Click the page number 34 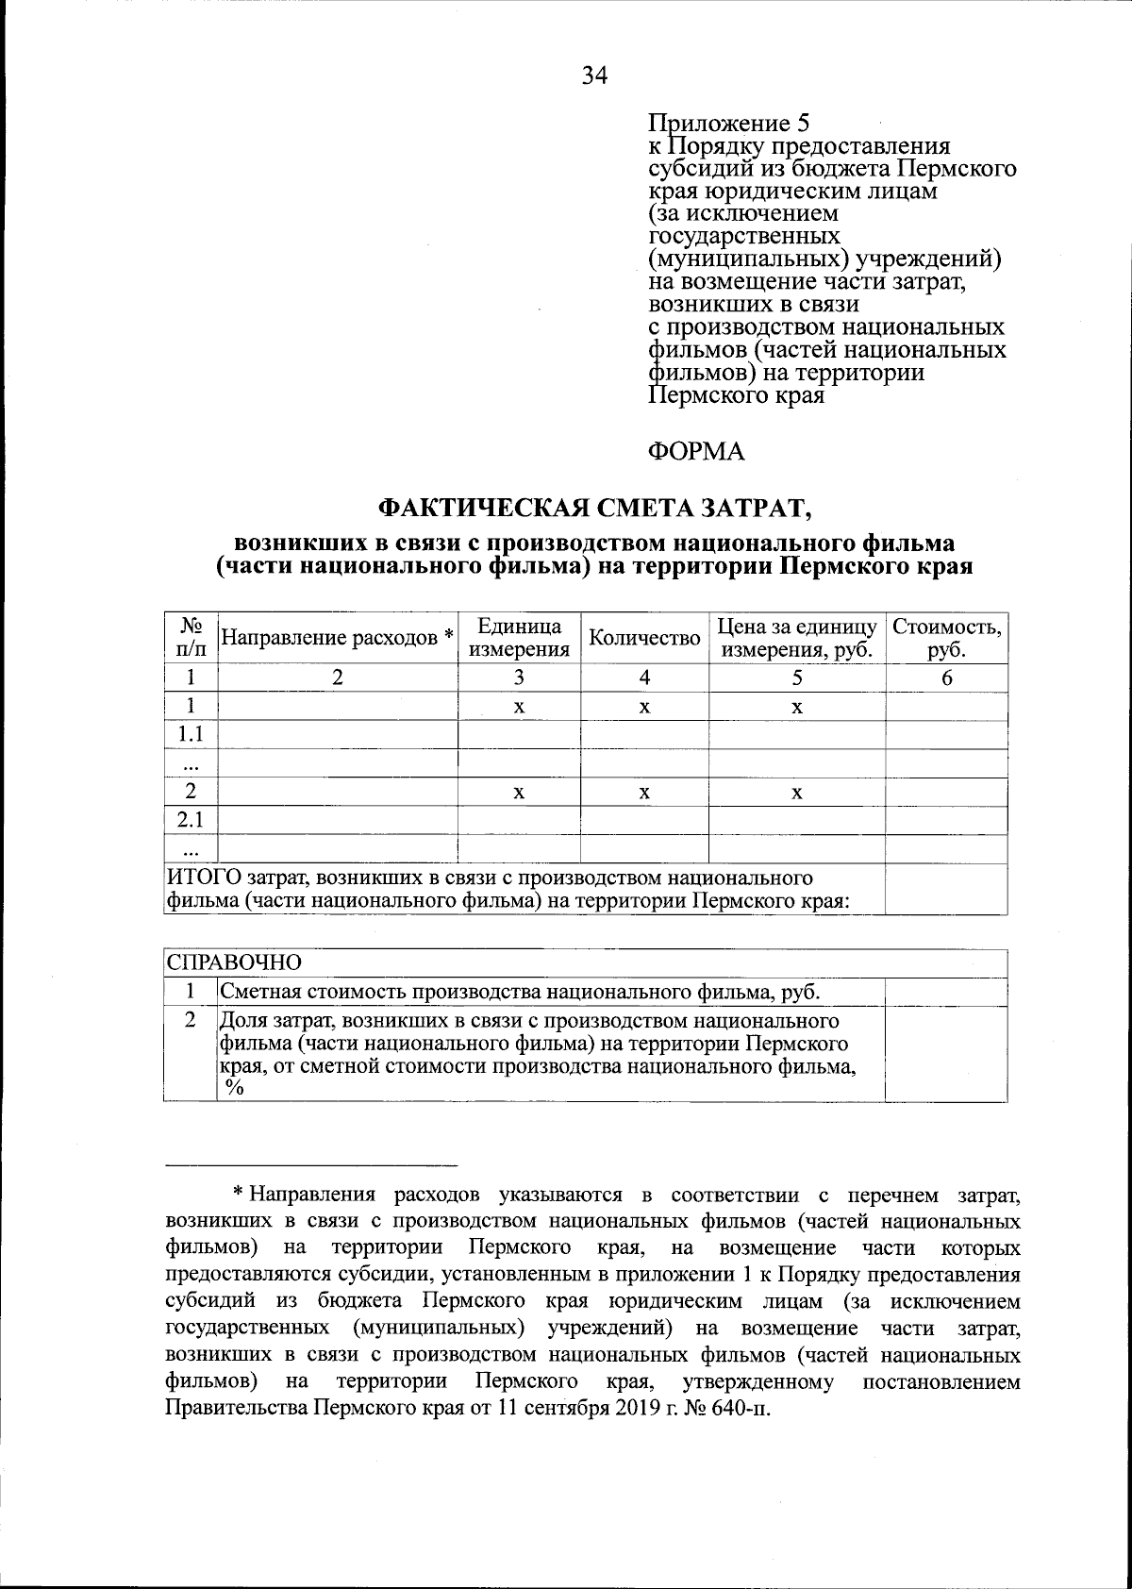(x=594, y=76)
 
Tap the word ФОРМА (x=696, y=452)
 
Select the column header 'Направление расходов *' (x=337, y=638)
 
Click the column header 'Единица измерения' (x=519, y=638)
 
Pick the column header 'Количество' (x=644, y=638)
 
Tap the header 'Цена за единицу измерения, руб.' (x=797, y=638)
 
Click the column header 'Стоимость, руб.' (x=946, y=638)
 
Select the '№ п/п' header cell (x=191, y=638)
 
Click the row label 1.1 (x=191, y=735)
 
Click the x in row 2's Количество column (x=644, y=794)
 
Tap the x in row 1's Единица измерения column (x=519, y=708)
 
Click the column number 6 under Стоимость (x=946, y=677)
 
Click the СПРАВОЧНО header (x=234, y=963)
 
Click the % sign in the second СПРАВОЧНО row (x=233, y=1087)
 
